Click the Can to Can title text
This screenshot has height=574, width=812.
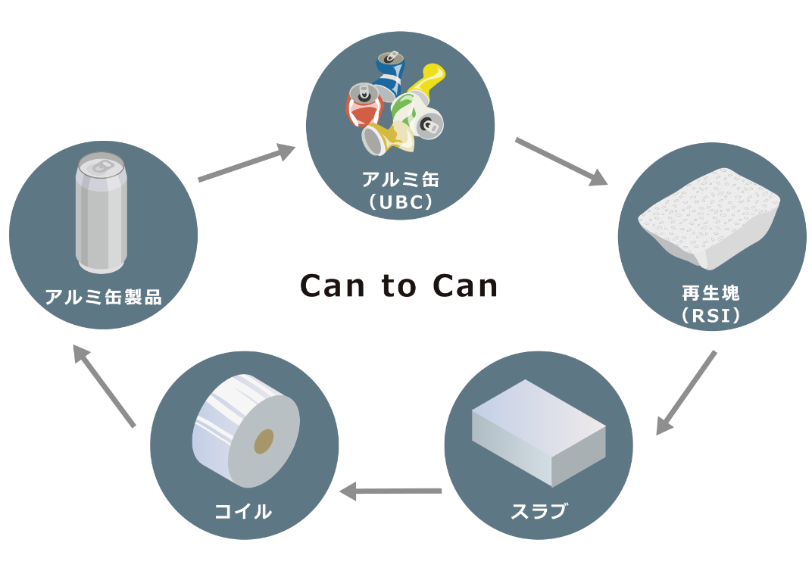point(399,286)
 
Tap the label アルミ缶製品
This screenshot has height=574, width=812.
point(103,296)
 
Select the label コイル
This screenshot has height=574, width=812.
point(243,511)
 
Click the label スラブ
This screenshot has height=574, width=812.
point(539,510)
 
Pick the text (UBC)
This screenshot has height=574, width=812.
point(400,202)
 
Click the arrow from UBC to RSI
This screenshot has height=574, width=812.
point(561,161)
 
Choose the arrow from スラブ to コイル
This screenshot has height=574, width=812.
point(391,492)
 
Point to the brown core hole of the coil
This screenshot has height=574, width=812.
point(264,441)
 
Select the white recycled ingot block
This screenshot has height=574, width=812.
point(708,216)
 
